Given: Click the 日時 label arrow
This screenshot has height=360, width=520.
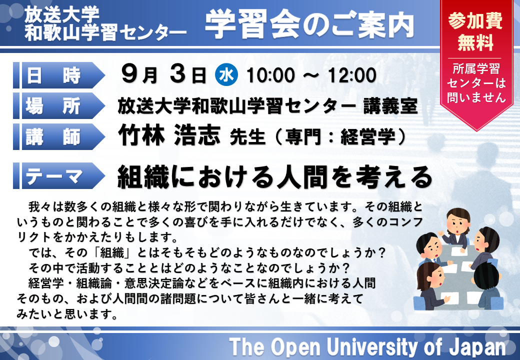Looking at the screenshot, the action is point(59,75).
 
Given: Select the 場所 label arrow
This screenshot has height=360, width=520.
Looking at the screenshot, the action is point(59,106).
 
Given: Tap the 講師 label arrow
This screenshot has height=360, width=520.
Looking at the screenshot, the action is point(59,136).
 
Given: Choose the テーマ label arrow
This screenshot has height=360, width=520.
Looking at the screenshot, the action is point(59,175).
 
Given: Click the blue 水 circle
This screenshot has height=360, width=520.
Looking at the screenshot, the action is point(226,75).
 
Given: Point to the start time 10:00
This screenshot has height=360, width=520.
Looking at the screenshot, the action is point(270,75).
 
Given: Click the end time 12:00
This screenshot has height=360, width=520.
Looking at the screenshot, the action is point(352,75).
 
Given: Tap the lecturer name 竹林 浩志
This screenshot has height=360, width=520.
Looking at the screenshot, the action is point(169,135).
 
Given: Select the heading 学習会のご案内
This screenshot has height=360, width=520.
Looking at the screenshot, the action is point(309,24).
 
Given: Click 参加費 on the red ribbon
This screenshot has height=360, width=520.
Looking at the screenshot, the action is point(475,21).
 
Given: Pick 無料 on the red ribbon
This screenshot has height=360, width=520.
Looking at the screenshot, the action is point(475,42).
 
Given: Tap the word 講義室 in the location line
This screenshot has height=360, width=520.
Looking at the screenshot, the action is point(390,106).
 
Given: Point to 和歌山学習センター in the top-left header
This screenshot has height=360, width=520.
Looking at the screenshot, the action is point(105,33).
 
